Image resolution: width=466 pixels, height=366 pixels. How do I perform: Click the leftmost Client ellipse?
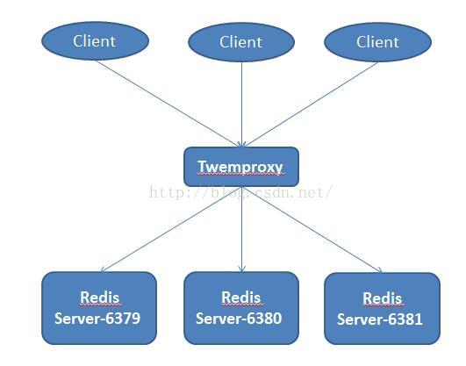coord(95,40)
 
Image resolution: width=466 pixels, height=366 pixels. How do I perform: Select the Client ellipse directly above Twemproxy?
coord(241,42)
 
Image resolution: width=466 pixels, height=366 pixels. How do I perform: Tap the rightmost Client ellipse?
coord(377,42)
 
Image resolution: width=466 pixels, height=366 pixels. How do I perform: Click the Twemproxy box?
coord(241,167)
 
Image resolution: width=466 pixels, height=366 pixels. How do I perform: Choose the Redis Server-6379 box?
coord(99,308)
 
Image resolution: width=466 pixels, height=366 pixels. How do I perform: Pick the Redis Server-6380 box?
coord(241,308)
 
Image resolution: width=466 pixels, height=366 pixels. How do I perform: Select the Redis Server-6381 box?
coord(383,309)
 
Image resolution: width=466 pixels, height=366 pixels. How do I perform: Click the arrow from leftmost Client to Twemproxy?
coord(168,104)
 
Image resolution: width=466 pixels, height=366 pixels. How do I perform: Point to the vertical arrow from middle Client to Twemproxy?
coord(241,104)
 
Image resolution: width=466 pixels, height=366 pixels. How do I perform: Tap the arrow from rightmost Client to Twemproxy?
coord(310,104)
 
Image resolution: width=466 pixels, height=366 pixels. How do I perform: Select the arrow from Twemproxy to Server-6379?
coord(171,229)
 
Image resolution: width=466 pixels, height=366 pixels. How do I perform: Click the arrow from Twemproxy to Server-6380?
coord(242,229)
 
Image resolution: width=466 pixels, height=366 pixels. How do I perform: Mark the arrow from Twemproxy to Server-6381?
coord(312,230)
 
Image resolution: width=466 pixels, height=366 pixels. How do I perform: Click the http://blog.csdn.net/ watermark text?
coord(240,192)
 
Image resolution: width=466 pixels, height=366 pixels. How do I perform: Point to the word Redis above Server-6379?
coord(100,298)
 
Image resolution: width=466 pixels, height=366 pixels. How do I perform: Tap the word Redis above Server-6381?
coord(383,298)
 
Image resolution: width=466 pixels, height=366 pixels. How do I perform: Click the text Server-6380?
coord(239,319)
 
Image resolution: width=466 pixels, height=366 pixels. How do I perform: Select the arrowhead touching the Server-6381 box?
coord(379,269)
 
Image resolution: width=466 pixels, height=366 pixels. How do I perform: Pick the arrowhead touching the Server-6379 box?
coord(104,269)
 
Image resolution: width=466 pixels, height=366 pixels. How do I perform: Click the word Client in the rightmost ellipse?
coord(377,42)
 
